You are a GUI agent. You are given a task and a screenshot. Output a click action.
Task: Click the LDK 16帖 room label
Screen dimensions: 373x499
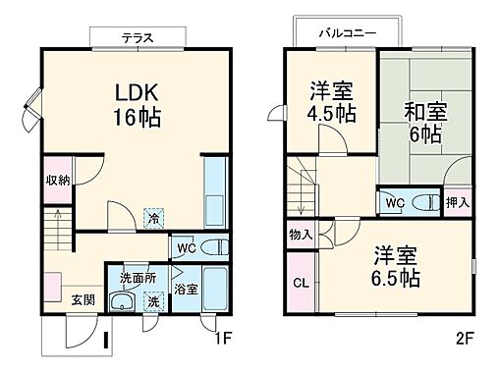pos(136,104)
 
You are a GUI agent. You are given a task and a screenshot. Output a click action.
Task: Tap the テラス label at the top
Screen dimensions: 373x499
pos(138,37)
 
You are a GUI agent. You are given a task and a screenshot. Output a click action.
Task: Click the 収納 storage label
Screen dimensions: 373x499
pos(57,181)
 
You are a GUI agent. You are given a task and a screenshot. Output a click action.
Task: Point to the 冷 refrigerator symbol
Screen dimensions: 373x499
pos(153,218)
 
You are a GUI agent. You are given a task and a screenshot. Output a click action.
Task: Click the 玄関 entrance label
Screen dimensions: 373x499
pos(82,299)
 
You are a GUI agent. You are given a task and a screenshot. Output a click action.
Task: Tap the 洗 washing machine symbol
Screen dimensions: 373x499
pos(153,303)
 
